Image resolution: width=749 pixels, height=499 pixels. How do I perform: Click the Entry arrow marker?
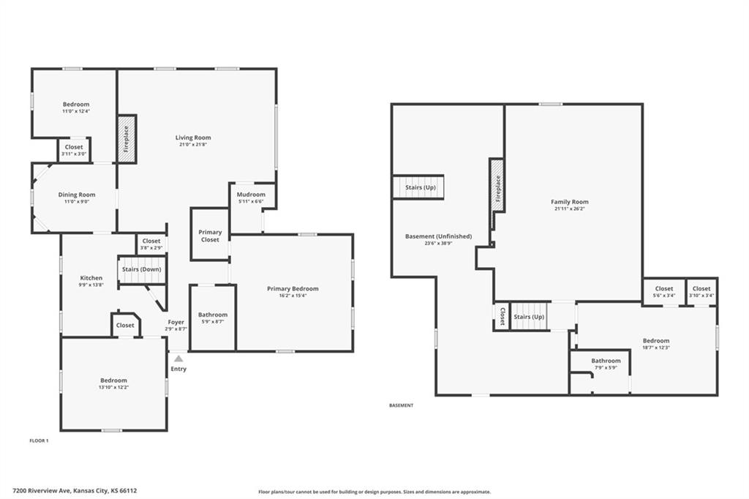point(178,359)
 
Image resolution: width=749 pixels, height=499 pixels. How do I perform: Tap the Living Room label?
point(193,138)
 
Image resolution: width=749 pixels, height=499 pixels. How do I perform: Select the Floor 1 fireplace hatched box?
point(127,138)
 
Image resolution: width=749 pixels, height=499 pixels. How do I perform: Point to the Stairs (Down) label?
point(141,269)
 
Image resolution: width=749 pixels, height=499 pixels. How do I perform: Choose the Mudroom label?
point(251,195)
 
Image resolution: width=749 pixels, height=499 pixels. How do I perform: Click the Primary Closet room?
point(210,235)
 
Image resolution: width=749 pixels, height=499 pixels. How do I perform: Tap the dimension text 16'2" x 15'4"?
point(293,296)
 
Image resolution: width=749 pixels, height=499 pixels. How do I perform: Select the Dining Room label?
point(76,195)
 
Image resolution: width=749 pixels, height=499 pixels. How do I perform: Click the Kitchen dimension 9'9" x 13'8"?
point(91,285)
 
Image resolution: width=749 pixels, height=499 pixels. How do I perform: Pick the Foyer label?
point(176,322)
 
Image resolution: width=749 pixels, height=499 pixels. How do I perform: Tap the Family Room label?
point(569,202)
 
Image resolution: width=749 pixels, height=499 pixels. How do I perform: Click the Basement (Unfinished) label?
point(439,236)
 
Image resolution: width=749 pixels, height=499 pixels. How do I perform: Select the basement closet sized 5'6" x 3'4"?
point(664,291)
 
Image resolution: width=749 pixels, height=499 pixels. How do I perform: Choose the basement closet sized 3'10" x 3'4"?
point(701,291)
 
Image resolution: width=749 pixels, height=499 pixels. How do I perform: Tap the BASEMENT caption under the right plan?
point(402,405)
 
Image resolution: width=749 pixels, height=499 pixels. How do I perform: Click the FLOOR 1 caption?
point(39,440)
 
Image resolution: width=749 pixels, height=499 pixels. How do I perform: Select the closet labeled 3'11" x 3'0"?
point(74,150)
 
